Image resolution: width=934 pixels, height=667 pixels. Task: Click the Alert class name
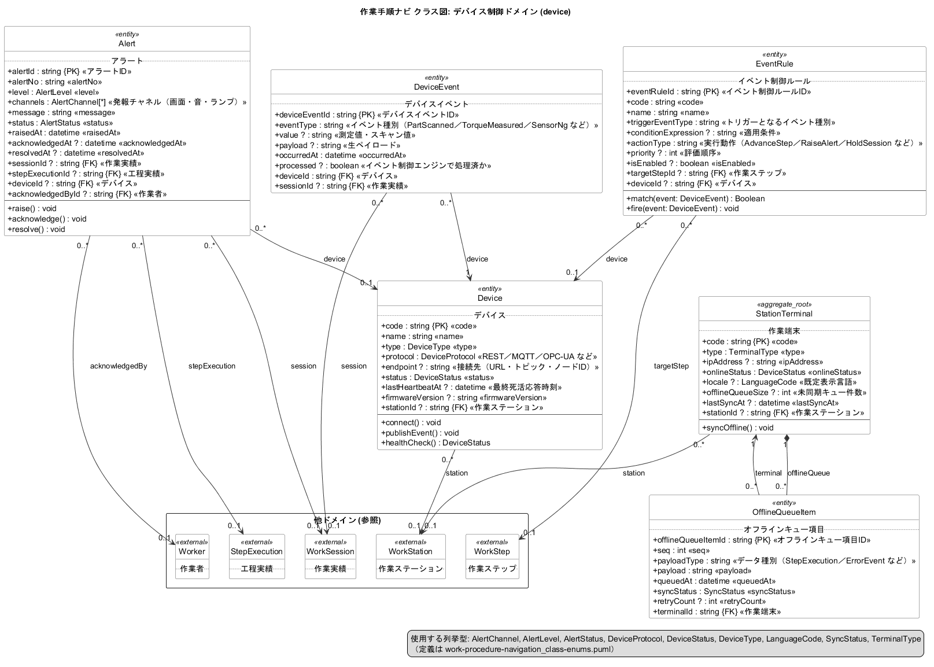[127, 44]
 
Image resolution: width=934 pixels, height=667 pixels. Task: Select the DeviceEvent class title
[437, 87]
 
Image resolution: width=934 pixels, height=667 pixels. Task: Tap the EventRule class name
[774, 64]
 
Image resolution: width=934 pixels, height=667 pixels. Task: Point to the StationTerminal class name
[784, 314]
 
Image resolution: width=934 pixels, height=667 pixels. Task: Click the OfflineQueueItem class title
[784, 512]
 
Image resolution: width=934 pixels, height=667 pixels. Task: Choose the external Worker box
[192, 557]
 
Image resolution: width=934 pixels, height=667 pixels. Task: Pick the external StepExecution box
[257, 557]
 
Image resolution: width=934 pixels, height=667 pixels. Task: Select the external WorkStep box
[492, 557]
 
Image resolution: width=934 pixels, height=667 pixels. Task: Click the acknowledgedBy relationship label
[119, 366]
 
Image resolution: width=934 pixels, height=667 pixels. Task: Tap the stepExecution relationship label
[212, 366]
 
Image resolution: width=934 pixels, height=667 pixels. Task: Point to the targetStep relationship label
[671, 366]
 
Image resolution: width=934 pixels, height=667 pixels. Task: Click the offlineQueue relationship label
[809, 473]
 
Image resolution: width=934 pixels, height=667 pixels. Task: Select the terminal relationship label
[768, 473]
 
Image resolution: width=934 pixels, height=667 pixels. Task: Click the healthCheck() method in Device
[435, 443]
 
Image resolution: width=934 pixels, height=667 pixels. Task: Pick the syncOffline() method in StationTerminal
[737, 428]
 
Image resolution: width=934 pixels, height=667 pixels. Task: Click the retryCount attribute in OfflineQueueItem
[709, 602]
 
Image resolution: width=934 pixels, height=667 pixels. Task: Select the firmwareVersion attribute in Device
[464, 398]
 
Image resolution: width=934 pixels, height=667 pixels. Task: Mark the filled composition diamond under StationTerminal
[787, 438]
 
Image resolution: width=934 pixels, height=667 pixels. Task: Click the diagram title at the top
[466, 12]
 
